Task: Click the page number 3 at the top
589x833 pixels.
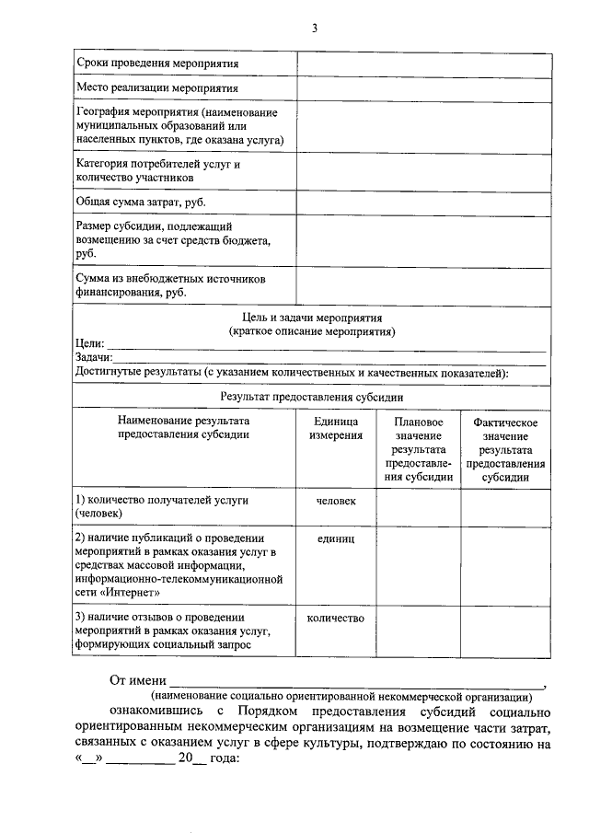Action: click(x=314, y=29)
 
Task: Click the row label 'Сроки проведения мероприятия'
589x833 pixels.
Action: click(x=156, y=64)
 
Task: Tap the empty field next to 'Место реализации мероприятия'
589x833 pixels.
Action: click(x=423, y=88)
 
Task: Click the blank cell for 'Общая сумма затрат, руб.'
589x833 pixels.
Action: click(x=423, y=202)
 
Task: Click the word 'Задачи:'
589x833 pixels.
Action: click(x=94, y=358)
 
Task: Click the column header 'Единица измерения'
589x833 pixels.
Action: click(x=335, y=428)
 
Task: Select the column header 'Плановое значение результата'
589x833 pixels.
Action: click(x=418, y=449)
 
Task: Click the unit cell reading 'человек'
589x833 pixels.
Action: click(x=335, y=500)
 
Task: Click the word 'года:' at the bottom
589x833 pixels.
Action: click(x=223, y=760)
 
